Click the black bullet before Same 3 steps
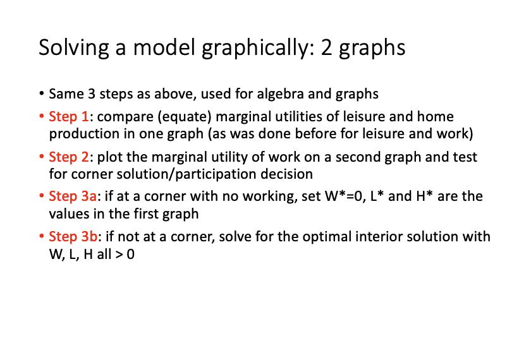[x=41, y=95]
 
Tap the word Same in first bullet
[x=64, y=95]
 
